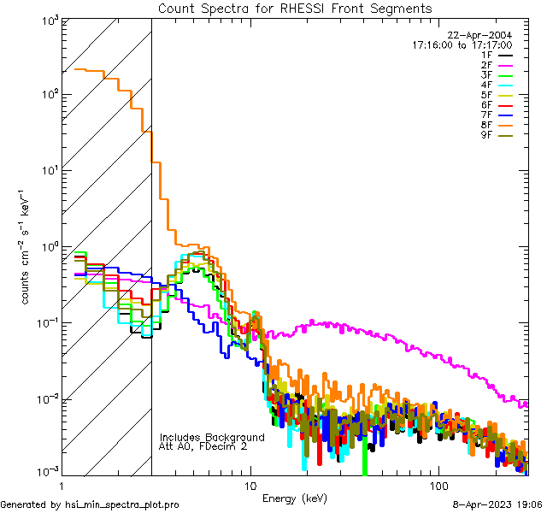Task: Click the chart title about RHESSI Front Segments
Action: point(295,9)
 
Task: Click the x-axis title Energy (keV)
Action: point(295,498)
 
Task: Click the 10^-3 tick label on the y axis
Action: point(46,471)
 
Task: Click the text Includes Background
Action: point(212,437)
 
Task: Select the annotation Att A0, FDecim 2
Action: point(203,446)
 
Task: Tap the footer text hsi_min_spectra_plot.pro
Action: point(122,504)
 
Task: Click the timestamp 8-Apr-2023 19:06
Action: point(497,504)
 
